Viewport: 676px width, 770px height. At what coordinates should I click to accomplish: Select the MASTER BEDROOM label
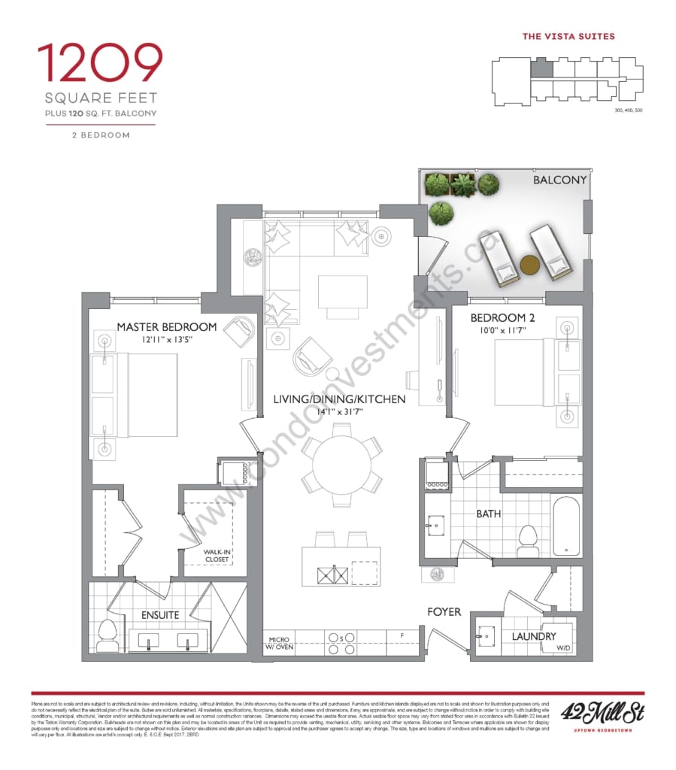pyautogui.click(x=167, y=327)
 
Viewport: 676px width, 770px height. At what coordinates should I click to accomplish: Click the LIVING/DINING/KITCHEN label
pyautogui.click(x=339, y=399)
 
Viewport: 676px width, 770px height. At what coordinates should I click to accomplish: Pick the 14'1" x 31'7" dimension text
pyautogui.click(x=339, y=412)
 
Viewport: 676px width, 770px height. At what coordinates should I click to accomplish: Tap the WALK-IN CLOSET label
pyautogui.click(x=218, y=555)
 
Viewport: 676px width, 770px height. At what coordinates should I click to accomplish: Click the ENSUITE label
pyautogui.click(x=161, y=615)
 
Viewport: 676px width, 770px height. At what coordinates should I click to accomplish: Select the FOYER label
pyautogui.click(x=444, y=612)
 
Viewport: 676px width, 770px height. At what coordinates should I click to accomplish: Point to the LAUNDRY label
pyautogui.click(x=533, y=636)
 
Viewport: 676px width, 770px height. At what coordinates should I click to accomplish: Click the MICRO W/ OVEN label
pyautogui.click(x=280, y=643)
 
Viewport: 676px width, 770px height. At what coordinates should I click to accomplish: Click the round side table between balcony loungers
pyautogui.click(x=531, y=265)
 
